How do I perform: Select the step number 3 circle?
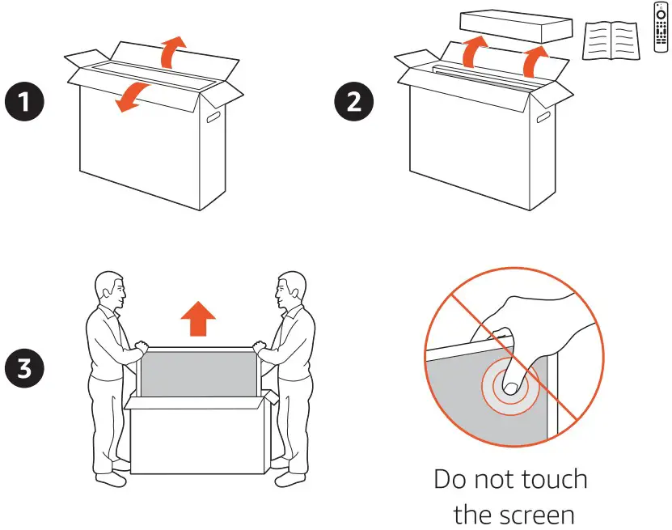pyautogui.click(x=25, y=367)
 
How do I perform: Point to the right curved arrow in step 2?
pyautogui.click(x=535, y=59)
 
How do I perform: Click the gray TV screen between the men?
pyautogui.click(x=197, y=372)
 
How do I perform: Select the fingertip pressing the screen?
pyautogui.click(x=509, y=385)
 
